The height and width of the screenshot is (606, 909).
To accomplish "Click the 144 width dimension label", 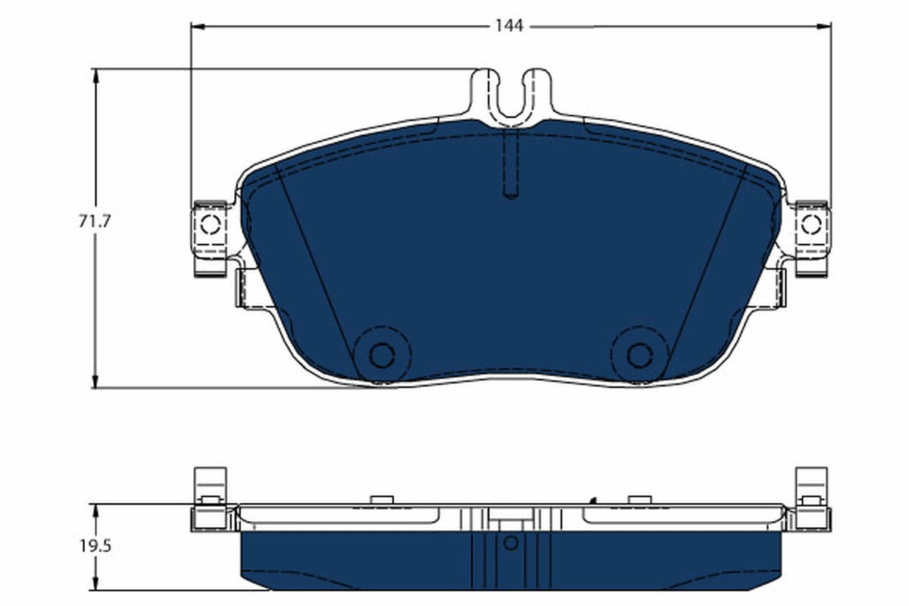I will (509, 26).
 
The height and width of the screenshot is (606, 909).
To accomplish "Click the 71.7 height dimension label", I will (95, 222).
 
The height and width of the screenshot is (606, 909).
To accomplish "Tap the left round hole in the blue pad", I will (381, 355).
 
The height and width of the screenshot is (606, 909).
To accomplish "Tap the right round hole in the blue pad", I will (639, 355).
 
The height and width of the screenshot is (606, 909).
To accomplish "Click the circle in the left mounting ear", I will (210, 224).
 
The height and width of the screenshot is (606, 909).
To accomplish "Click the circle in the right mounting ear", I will (811, 224).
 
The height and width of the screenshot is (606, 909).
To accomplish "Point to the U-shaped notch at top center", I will (513, 95).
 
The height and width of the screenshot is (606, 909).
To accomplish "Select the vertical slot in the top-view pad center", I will (511, 163).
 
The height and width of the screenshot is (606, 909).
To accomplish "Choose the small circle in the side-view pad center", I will (511, 542).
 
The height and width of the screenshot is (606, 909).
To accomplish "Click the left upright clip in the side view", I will (210, 485).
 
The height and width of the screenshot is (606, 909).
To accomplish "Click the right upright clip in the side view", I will (811, 485).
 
